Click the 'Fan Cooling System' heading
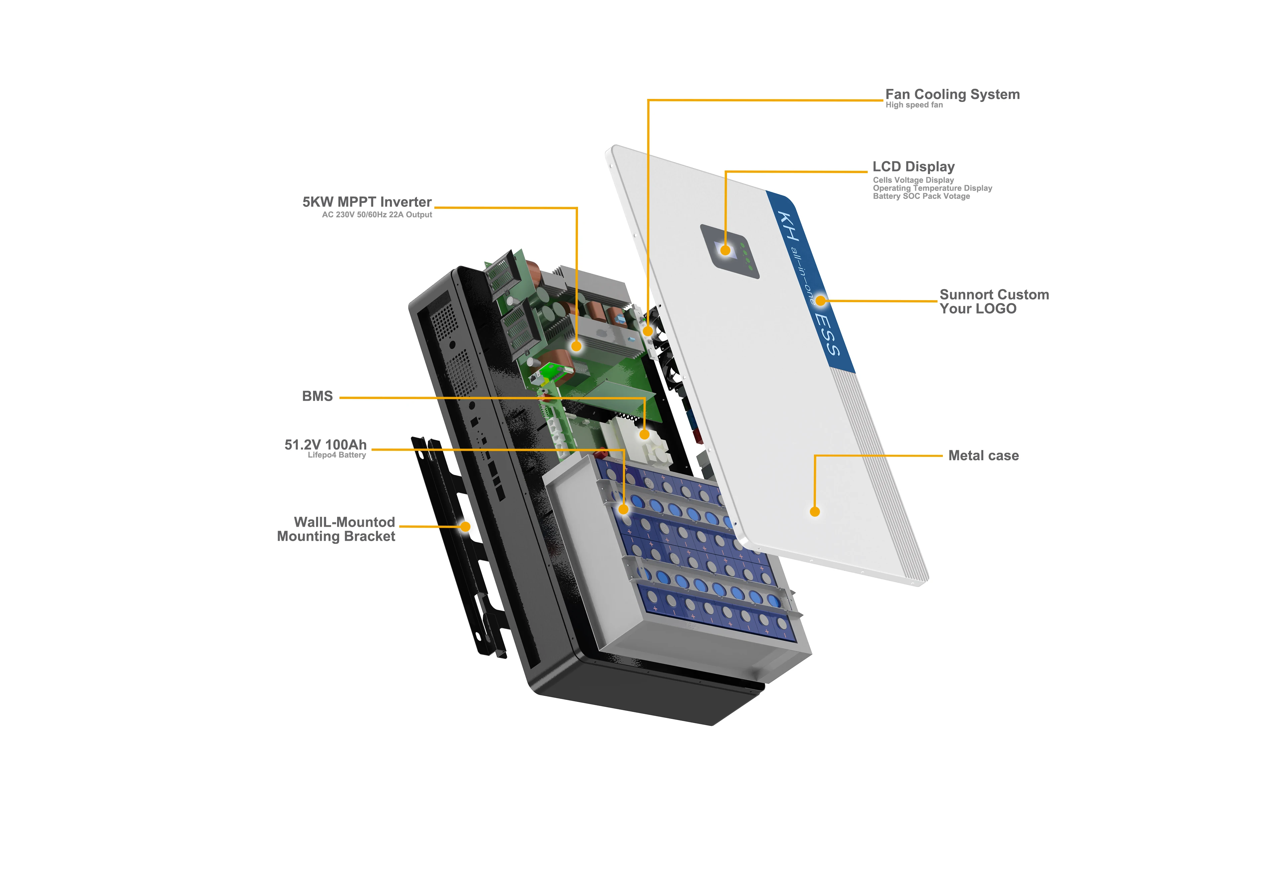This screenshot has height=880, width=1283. (952, 94)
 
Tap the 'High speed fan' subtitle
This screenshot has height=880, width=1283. (914, 105)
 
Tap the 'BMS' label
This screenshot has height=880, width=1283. (317, 396)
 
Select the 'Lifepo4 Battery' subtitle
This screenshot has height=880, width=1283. (337, 455)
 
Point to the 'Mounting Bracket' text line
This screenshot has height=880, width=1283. (336, 537)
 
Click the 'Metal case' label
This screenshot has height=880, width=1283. (983, 456)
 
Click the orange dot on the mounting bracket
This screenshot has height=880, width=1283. (465, 527)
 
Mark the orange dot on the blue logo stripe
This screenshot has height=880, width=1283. (821, 301)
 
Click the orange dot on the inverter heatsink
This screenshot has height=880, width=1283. (576, 346)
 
